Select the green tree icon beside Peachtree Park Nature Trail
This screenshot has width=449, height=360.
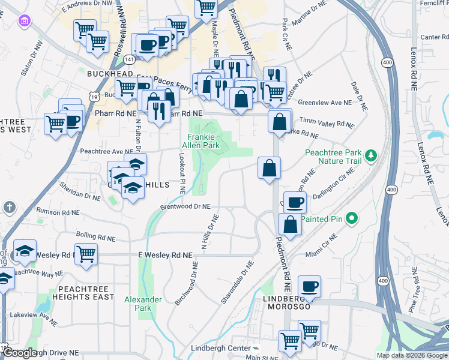coord(372,156)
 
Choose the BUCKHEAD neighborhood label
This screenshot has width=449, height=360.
coord(110,73)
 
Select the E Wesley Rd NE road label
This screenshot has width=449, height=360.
coord(166,255)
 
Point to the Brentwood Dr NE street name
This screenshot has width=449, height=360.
coord(185,206)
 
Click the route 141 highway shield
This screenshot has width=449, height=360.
coord(129,59)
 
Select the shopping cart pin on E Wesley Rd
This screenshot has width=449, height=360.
coord(86,253)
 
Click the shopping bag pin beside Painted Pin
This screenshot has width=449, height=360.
coord(290,224)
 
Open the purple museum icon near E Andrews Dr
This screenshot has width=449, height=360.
coord(25,22)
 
